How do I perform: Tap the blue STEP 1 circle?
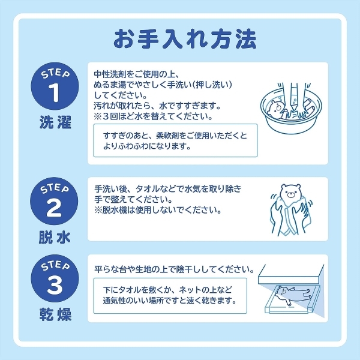tap(55, 88)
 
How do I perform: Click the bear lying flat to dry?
tap(294, 295)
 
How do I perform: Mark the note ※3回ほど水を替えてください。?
tap(154, 116)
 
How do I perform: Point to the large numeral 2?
tap(55, 207)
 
